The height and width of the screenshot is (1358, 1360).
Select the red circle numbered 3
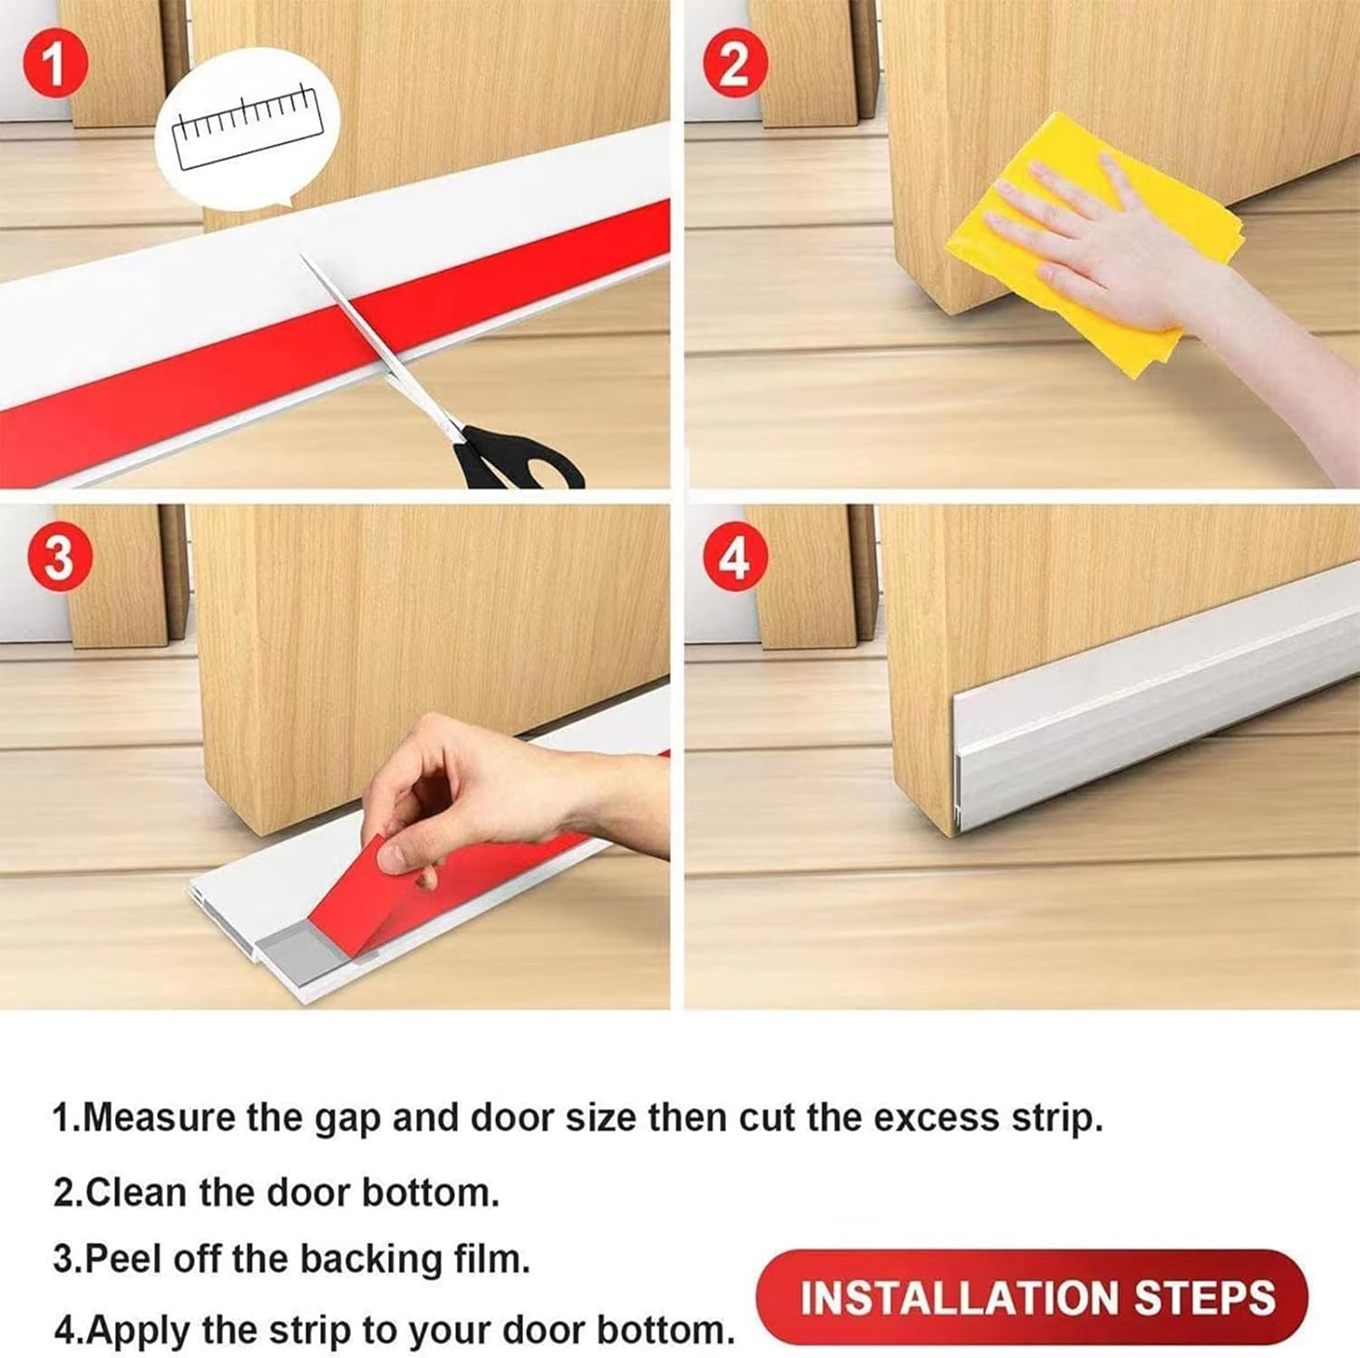click(58, 556)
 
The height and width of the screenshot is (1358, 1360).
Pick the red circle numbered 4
click(733, 557)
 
